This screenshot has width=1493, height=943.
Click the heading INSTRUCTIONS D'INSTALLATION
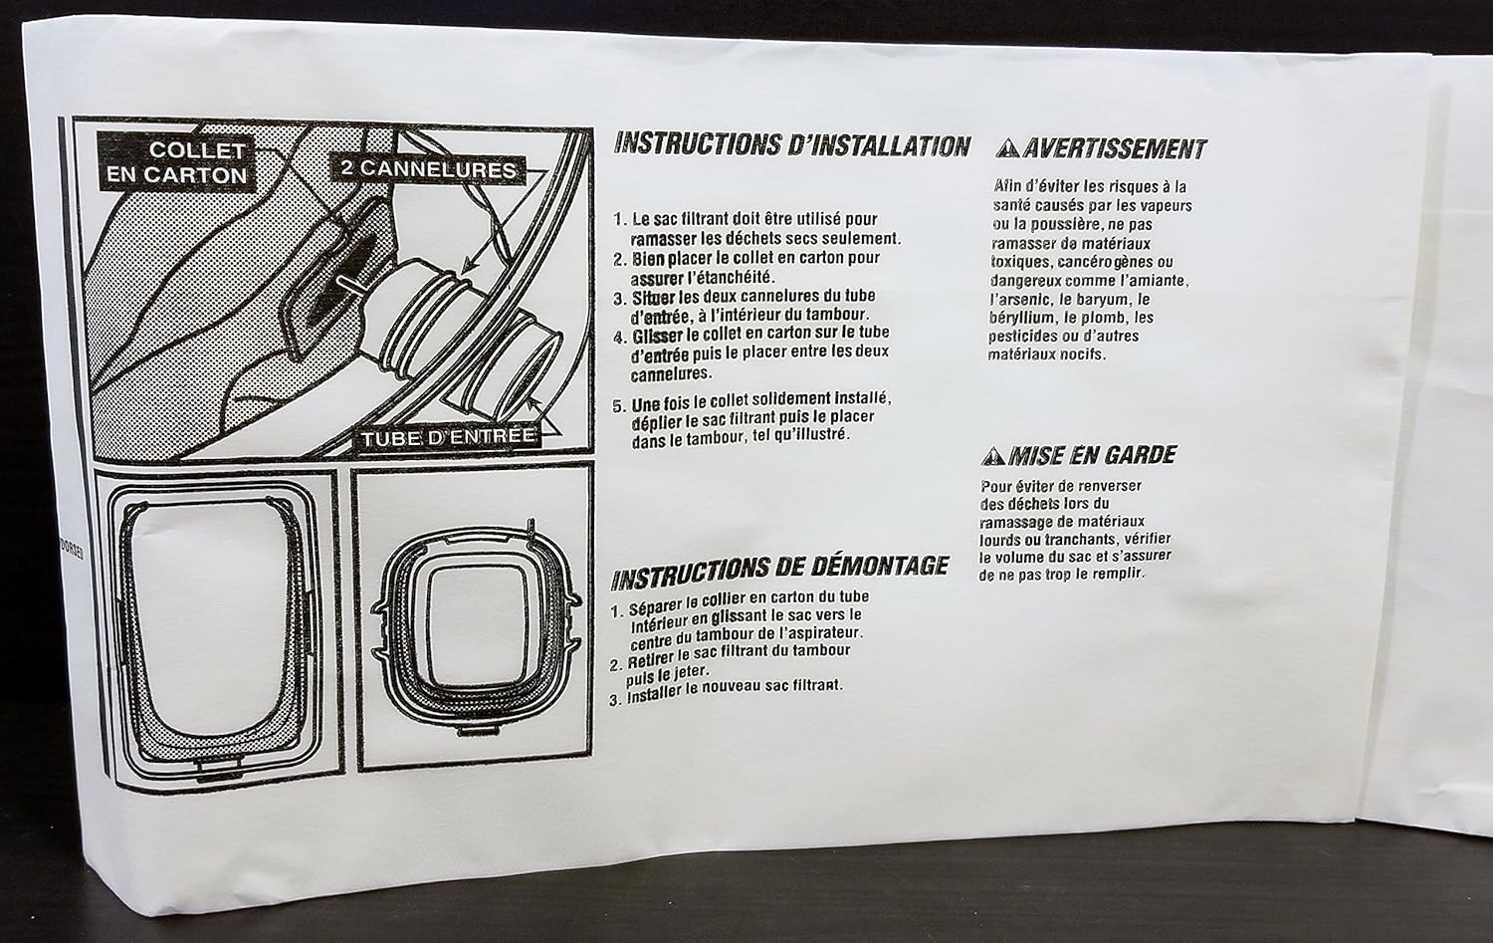(791, 145)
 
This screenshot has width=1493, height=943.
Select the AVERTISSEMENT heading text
(1115, 149)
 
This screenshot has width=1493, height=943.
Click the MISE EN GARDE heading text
(1092, 456)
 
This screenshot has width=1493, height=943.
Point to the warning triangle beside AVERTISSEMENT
(1009, 150)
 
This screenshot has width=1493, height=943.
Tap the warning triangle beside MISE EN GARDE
(992, 457)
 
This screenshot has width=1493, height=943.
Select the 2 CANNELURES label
(428, 168)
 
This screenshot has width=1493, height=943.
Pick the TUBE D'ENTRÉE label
(449, 436)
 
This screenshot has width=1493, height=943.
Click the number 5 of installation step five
(618, 406)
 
